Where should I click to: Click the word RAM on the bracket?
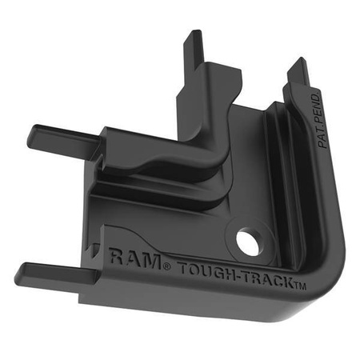point(128,258)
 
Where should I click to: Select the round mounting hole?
point(249,242)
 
